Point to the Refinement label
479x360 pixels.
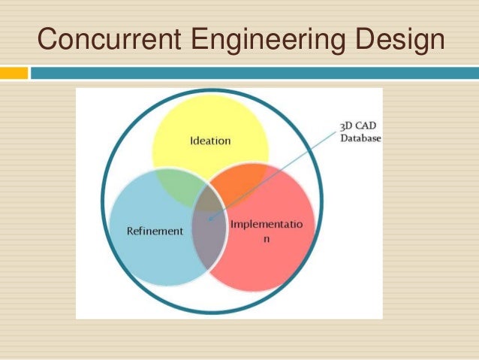click(155, 231)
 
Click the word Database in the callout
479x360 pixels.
click(360, 139)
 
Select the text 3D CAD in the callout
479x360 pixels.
click(357, 127)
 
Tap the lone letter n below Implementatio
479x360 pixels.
click(266, 238)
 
